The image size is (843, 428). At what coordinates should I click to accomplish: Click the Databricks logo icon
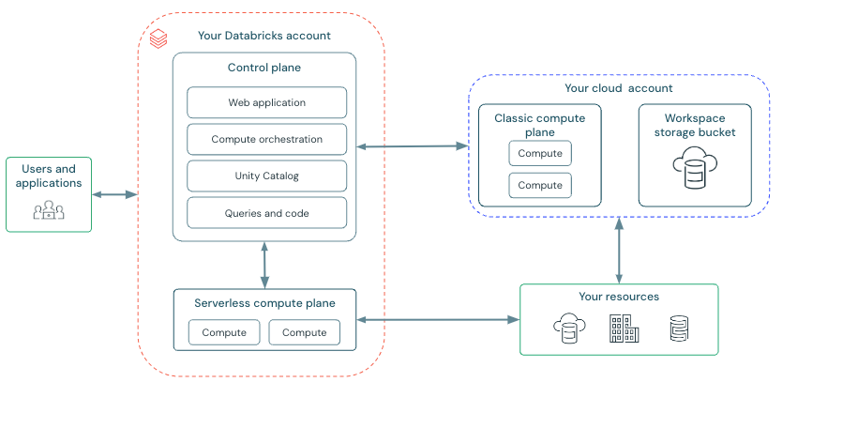[x=158, y=38]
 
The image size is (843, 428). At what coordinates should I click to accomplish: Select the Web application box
[x=266, y=102]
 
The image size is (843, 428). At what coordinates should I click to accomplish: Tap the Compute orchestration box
[x=266, y=139]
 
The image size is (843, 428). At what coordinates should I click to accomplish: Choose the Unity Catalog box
[x=266, y=176]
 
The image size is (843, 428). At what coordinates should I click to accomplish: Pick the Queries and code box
[x=266, y=213]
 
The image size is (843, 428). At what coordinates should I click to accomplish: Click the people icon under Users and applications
[x=49, y=210]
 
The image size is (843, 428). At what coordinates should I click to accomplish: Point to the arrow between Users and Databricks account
[x=114, y=194]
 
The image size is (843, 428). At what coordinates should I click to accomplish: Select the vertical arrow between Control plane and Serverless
[x=264, y=264]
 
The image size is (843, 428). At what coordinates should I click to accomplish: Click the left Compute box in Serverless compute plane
[x=224, y=332]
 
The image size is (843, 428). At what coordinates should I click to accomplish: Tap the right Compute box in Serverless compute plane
[x=304, y=332]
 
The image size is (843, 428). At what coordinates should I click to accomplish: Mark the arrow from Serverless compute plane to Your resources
[x=438, y=320]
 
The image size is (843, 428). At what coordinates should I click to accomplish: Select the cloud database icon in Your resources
[x=568, y=329]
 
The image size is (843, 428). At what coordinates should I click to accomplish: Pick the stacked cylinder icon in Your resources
[x=679, y=329]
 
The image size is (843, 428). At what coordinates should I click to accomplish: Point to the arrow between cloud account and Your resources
[x=618, y=251]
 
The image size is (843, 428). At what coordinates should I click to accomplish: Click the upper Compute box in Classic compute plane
[x=540, y=153]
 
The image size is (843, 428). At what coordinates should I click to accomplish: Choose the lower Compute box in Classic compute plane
[x=540, y=185]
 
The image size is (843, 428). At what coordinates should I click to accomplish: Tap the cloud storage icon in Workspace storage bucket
[x=694, y=168]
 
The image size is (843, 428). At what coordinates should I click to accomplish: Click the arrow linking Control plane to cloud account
[x=412, y=145]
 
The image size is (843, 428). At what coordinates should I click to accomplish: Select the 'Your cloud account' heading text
[x=618, y=88]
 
